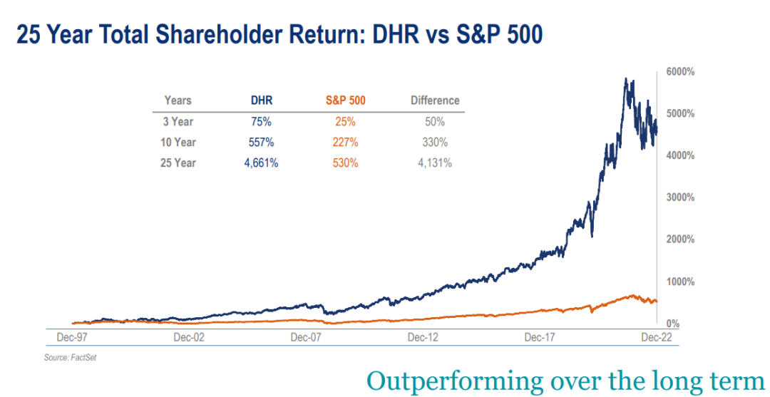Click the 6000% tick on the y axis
click(679, 72)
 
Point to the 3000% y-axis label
click(679, 197)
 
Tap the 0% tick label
click(673, 324)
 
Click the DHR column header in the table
click(262, 100)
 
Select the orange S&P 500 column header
click(345, 100)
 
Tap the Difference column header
click(435, 100)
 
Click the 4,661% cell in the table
click(262, 163)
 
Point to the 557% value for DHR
click(262, 143)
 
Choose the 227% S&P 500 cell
click(345, 143)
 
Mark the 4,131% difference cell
click(435, 163)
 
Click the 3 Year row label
click(178, 122)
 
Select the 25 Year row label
click(178, 163)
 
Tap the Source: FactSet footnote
click(70, 357)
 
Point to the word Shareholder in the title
click(201, 35)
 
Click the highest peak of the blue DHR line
click(625, 79)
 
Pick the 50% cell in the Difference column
click(435, 122)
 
